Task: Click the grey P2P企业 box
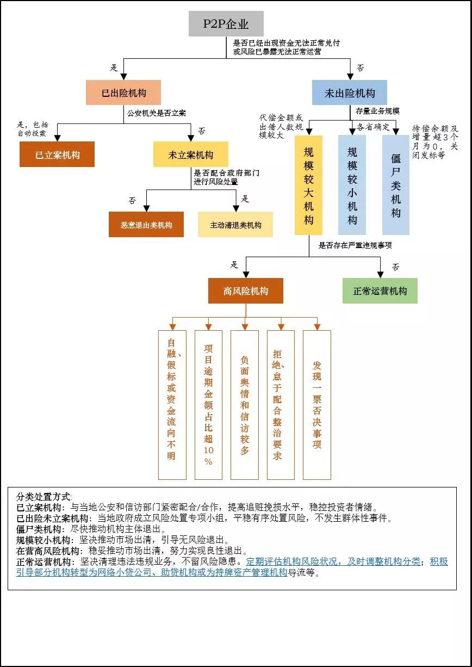point(226,24)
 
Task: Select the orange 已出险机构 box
point(123,92)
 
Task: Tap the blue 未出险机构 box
point(350,92)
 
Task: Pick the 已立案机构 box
point(57,155)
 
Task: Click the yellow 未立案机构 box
point(190,155)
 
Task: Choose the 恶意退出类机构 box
point(146,224)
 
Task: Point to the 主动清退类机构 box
point(235,224)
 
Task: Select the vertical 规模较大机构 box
point(308,185)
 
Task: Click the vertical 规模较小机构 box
point(352,185)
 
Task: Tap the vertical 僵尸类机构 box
point(396,185)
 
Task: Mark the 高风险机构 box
point(246,291)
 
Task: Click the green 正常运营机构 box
point(380,291)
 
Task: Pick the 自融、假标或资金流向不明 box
point(172,404)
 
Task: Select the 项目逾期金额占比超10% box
point(208,404)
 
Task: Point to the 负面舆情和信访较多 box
point(245,404)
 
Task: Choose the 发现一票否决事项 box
point(317,404)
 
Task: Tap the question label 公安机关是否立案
point(157,114)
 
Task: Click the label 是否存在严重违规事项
point(355,245)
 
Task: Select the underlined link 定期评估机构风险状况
point(294,561)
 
